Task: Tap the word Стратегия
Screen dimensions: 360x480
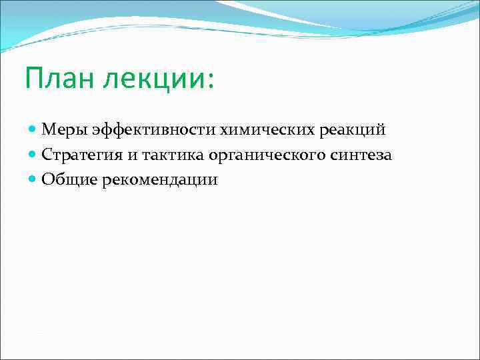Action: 81,154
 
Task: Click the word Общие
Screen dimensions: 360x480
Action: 69,179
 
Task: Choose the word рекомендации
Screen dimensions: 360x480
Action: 160,180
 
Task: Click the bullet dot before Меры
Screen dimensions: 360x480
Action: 33,129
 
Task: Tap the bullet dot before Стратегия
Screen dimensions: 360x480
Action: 33,154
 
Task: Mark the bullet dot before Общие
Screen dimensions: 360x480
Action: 33,179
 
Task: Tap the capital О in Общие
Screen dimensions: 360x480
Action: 47,179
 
